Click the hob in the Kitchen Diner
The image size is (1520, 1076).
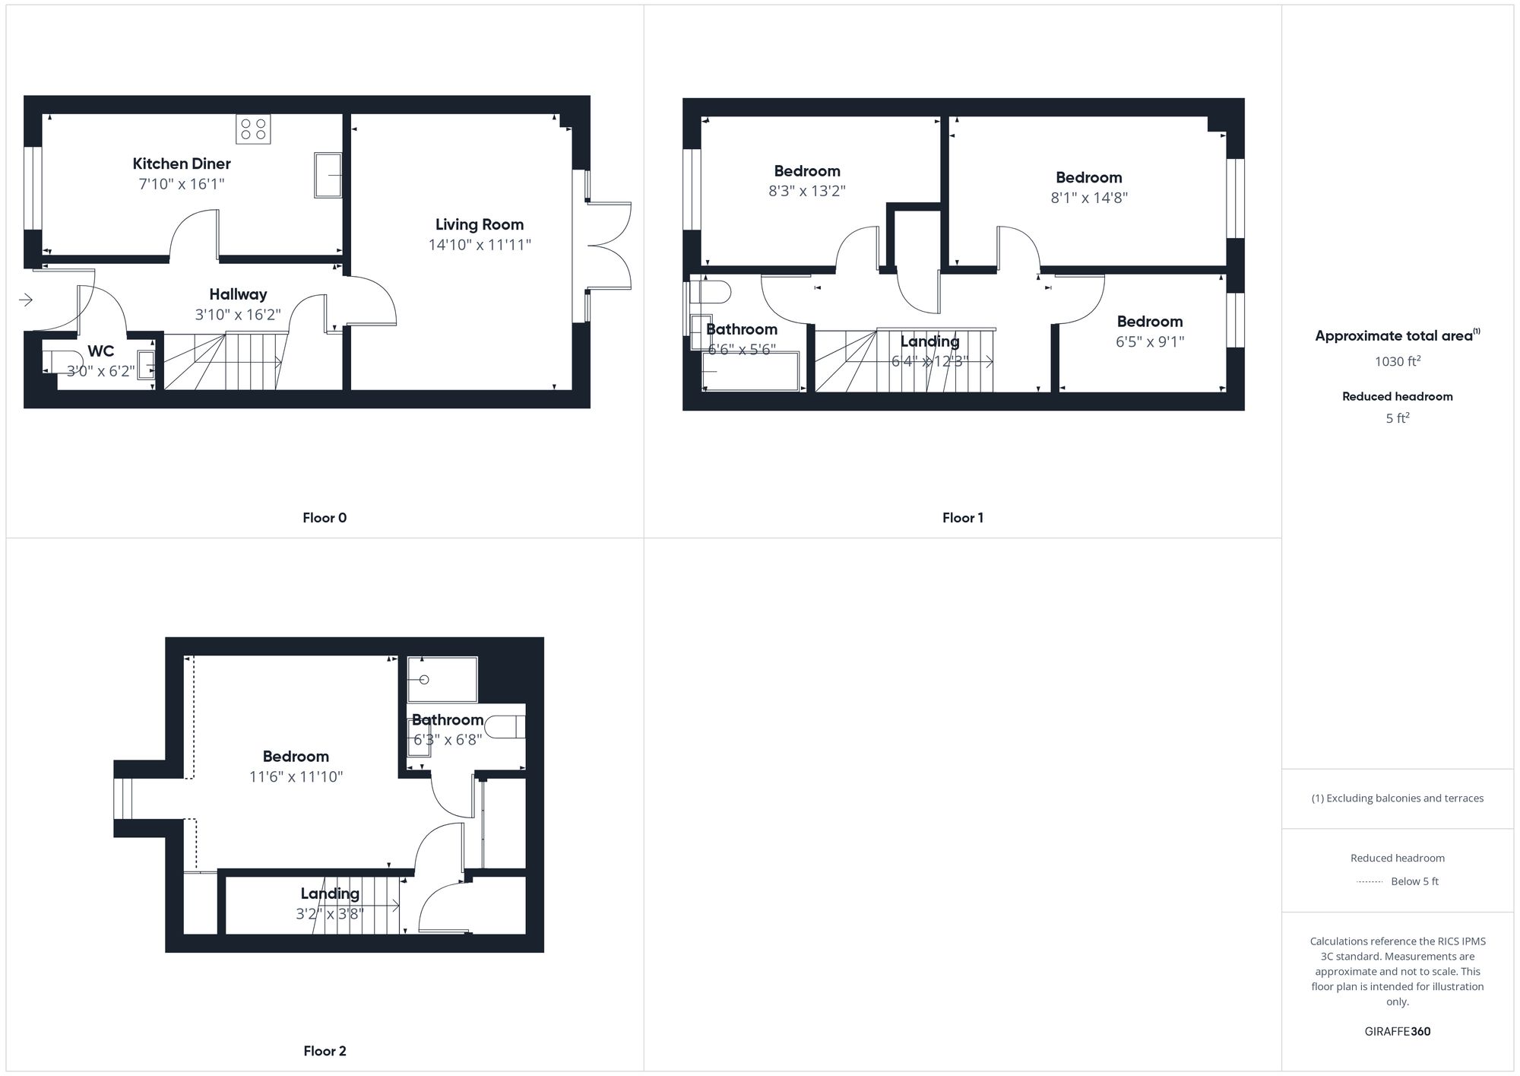(x=253, y=129)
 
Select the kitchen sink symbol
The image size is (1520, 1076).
(x=328, y=175)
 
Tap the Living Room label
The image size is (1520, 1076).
(x=479, y=224)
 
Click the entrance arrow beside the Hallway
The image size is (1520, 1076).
(x=26, y=300)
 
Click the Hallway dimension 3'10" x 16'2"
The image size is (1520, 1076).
(x=237, y=314)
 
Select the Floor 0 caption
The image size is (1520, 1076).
(x=325, y=518)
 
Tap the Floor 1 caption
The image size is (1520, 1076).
(x=962, y=518)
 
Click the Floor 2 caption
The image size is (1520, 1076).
(x=325, y=1051)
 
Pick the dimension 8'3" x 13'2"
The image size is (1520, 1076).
(x=806, y=191)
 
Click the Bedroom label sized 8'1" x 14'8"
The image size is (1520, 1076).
(x=1088, y=177)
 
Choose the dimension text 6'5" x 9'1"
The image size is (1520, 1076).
(x=1149, y=341)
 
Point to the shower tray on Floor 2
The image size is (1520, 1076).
(x=442, y=679)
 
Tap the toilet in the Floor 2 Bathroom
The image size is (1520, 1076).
(x=505, y=727)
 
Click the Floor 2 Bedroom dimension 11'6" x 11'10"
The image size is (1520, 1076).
(x=296, y=776)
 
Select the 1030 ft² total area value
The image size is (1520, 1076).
(x=1397, y=361)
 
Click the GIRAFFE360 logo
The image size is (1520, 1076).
(x=1397, y=1031)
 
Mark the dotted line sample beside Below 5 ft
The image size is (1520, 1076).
(x=1370, y=881)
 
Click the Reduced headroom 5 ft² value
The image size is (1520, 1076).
(x=1397, y=418)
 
